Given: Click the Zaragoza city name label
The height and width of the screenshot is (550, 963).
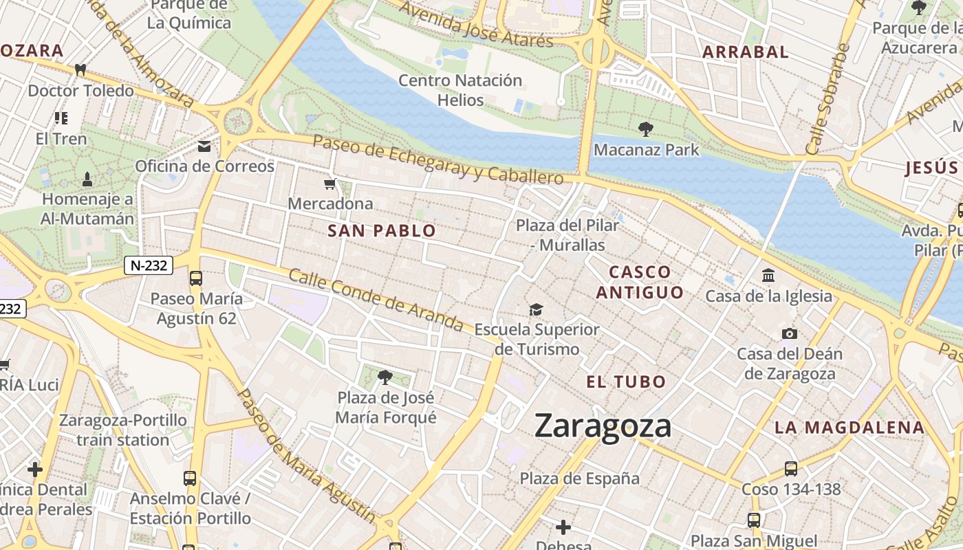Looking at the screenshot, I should point(603,426).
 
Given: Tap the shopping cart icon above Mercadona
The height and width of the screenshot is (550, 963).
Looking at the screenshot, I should point(330,184).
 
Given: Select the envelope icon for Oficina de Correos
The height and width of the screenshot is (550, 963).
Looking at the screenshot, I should point(204,146).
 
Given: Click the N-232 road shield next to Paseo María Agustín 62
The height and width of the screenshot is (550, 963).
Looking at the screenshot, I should point(148,265).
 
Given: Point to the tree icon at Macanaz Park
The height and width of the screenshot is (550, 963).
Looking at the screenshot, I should point(645,129).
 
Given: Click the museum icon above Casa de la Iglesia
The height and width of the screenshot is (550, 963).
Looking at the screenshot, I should point(768,276).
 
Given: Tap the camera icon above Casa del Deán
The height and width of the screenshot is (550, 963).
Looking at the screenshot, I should point(790,333).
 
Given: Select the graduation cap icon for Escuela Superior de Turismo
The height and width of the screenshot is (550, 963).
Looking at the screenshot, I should point(536,309).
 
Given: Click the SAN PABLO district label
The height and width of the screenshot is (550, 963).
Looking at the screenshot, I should point(382,231).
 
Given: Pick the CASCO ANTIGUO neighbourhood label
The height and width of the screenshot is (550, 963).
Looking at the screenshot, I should point(640,282).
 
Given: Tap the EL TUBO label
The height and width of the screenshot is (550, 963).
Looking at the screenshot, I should point(626,382).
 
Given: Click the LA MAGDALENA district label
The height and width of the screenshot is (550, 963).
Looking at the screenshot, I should point(850,427).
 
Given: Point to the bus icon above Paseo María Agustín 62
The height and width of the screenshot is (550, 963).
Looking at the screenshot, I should point(196,278).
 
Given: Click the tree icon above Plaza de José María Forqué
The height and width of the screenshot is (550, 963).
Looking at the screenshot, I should point(385,377).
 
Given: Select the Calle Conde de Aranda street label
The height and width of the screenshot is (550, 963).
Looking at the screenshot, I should point(376,300).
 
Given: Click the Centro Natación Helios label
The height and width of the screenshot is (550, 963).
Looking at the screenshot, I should point(461,90).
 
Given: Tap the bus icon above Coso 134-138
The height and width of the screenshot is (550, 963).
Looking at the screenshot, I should point(791,469).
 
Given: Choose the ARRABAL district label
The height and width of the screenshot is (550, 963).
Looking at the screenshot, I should point(745,52).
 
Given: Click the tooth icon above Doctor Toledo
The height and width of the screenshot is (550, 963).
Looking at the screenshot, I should point(80,69).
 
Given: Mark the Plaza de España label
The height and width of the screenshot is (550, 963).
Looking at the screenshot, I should point(579,478).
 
